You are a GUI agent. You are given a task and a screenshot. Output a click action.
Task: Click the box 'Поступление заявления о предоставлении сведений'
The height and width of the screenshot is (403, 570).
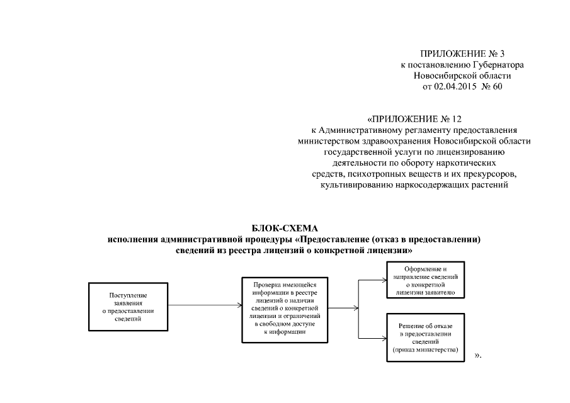[x=128, y=307]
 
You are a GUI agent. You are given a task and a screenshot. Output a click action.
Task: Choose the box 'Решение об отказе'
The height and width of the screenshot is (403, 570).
[x=426, y=338]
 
